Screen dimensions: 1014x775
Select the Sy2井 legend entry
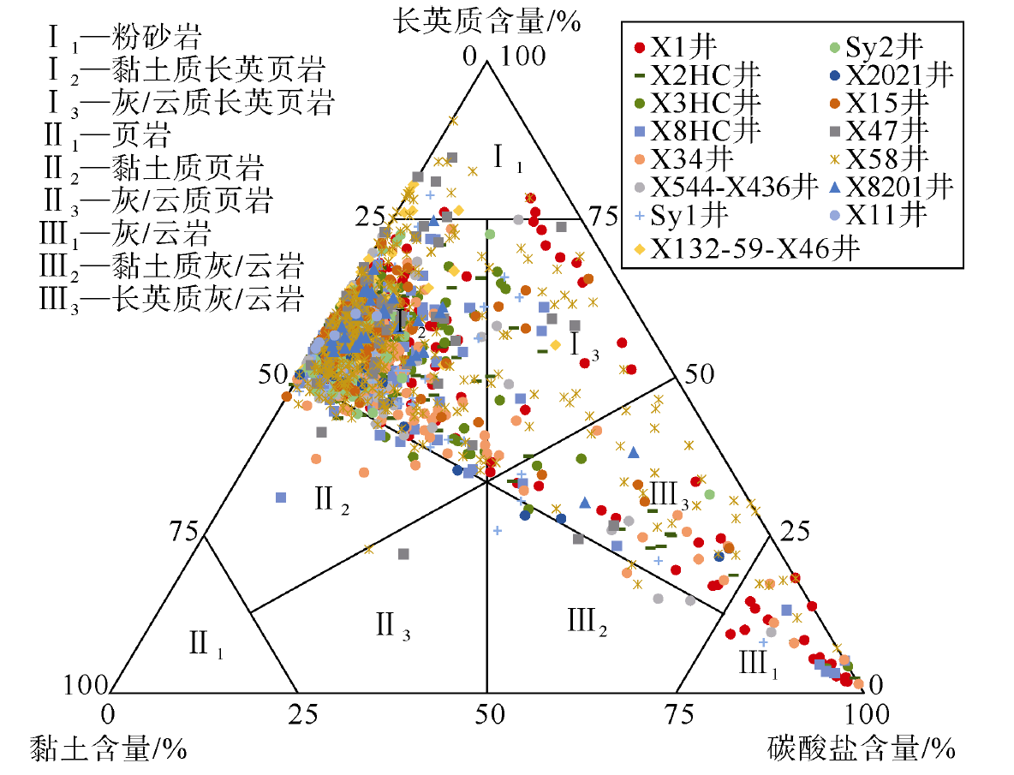coord(876,47)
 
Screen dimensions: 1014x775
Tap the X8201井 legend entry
coord(892,188)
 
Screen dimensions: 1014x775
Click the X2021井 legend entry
coord(892,75)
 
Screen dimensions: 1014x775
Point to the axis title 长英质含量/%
coord(487,21)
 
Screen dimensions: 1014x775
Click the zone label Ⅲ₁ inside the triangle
coord(758,663)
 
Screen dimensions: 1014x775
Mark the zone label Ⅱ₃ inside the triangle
coord(393,626)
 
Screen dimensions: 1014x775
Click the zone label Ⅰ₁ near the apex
coord(508,158)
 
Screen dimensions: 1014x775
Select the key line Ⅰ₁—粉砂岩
coord(125,38)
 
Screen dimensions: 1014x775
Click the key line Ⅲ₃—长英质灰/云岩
coord(171,300)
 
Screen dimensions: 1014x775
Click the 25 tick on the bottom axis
coord(302,713)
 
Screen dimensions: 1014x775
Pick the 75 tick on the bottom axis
coord(679,713)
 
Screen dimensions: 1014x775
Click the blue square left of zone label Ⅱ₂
coord(281,497)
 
